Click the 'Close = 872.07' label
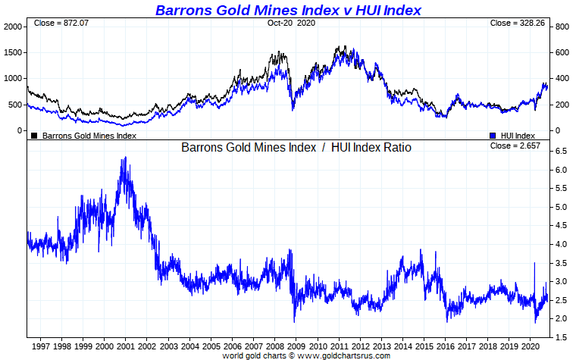[58, 23]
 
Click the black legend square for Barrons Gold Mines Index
[34, 136]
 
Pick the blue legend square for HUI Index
[493, 136]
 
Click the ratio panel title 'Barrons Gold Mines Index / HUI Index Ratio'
[296, 148]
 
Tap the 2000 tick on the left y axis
[14, 27]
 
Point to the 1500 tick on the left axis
[14, 52]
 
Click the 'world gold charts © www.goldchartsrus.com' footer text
[306, 355]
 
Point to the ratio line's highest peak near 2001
[124, 158]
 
